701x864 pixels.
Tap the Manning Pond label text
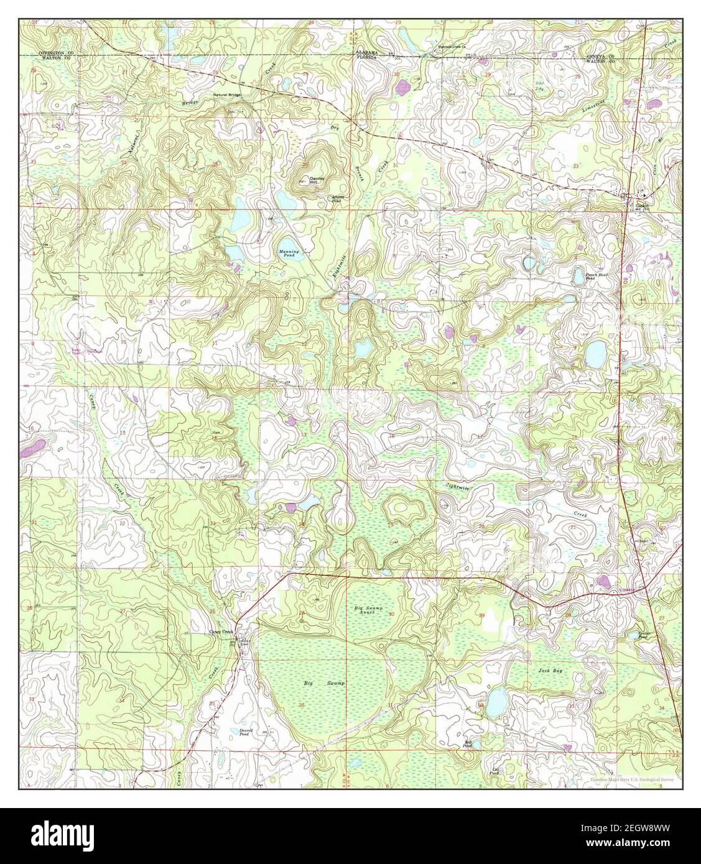[289, 253]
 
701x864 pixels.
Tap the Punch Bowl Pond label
[586, 277]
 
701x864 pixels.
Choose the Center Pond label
[648, 635]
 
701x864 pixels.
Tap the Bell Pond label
[468, 744]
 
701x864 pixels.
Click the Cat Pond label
[496, 771]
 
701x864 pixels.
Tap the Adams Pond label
[336, 200]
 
